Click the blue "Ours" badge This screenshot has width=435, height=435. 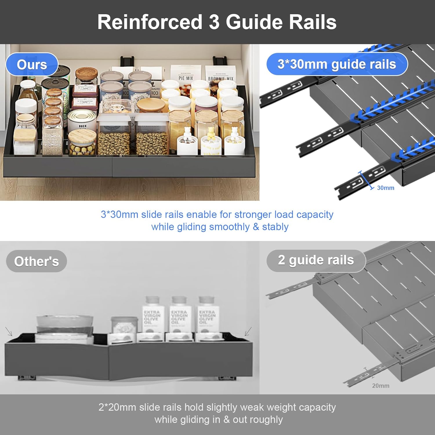pos(32,64)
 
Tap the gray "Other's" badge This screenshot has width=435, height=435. pos(37,261)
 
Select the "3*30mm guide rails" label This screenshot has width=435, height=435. pos(337,64)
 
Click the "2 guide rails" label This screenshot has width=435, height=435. pos(316,260)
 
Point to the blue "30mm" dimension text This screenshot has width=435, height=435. pos(385,188)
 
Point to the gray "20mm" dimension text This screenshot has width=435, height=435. pos(380,386)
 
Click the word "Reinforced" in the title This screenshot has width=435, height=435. pos(150,22)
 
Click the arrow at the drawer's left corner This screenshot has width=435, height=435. pos(9,331)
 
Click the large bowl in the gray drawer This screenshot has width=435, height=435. pos(64,328)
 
